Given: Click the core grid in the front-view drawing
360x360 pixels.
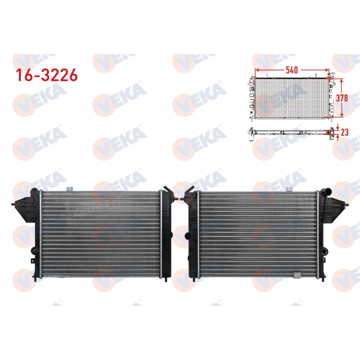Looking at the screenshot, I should click(291, 98).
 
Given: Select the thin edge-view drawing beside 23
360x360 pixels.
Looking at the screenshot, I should click(291, 132).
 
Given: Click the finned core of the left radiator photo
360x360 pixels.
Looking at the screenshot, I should click(100, 234).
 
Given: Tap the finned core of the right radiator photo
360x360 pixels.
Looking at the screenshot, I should click(257, 234).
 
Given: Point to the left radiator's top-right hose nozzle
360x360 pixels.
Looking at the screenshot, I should click(167, 189).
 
